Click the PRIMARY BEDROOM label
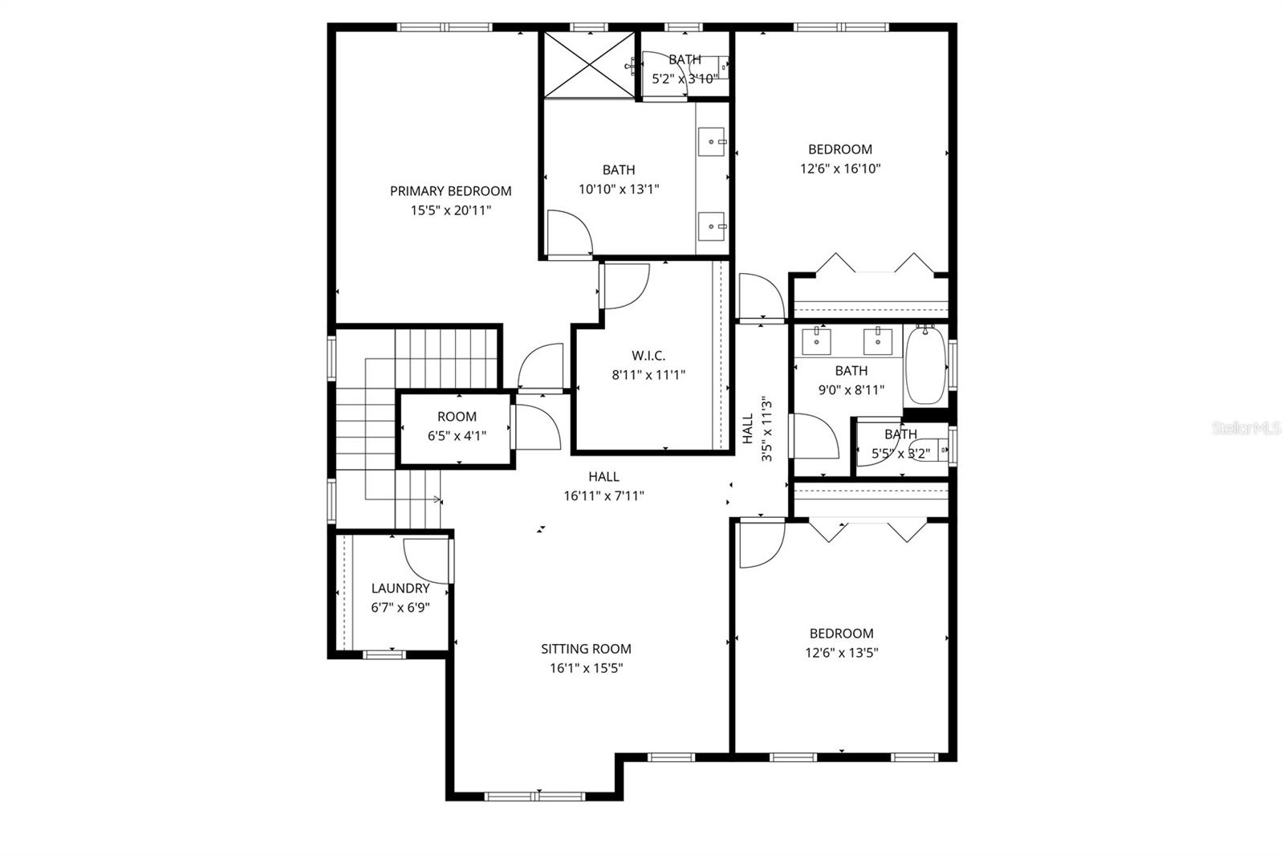(x=450, y=191)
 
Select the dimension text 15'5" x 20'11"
(x=450, y=210)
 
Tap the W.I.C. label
(x=648, y=355)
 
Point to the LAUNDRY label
(x=400, y=589)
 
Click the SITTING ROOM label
(x=586, y=649)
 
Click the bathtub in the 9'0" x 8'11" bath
(x=925, y=365)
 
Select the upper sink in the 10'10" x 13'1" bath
(x=712, y=141)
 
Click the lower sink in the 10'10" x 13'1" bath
(x=712, y=227)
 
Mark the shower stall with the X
(x=589, y=65)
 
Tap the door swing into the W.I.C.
(x=624, y=286)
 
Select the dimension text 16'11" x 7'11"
(x=603, y=496)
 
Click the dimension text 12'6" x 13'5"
(x=841, y=653)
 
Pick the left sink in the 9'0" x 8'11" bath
(x=818, y=340)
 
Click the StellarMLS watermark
(x=1246, y=429)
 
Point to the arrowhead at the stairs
(x=438, y=499)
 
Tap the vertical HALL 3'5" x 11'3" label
(x=757, y=430)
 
